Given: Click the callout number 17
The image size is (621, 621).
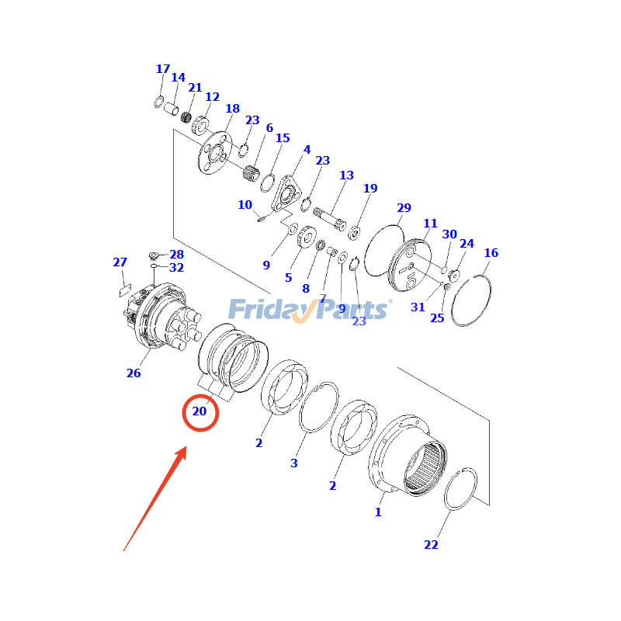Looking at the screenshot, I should tap(162, 69).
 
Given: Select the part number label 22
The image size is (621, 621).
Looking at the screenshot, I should tap(431, 545).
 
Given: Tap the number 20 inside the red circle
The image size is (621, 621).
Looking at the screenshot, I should tap(199, 411).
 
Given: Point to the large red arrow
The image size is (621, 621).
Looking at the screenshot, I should tap(155, 497).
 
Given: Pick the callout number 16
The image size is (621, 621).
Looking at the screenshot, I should tap(491, 253).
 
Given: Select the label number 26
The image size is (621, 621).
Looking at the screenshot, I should tap(134, 373).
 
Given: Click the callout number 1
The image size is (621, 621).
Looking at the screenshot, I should tap(378, 512).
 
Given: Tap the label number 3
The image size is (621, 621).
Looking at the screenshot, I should tap(293, 463).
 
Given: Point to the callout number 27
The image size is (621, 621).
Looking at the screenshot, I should tap(120, 262).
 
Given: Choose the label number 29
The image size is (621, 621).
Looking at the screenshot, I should tap(404, 208).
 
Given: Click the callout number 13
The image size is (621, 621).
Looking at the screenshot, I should tap(346, 175).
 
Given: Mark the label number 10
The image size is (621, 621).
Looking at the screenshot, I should tap(245, 205).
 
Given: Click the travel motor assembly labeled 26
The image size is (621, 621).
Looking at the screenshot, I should tap(159, 318).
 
